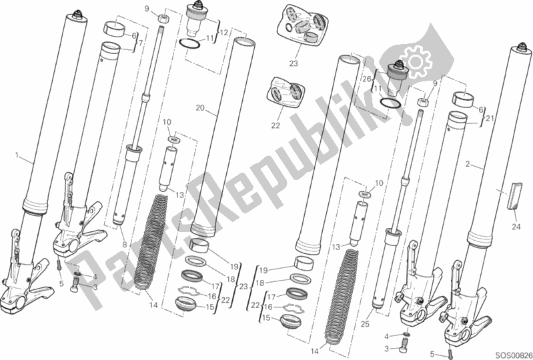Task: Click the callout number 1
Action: pos(17,155)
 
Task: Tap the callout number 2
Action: pos(468,165)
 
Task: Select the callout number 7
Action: pos(140,43)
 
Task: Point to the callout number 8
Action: pos(125,244)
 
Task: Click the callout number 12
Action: pos(223,33)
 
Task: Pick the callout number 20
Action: pos(200,108)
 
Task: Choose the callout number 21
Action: pos(489,118)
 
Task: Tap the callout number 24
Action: pos(516,227)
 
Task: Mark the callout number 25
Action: pos(365,324)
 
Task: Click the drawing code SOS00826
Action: pos(513,355)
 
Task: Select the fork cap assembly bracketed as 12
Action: pos(197,20)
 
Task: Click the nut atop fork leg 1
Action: pos(78,15)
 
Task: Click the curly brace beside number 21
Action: pos(483,118)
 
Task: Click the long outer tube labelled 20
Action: pos(222,137)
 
